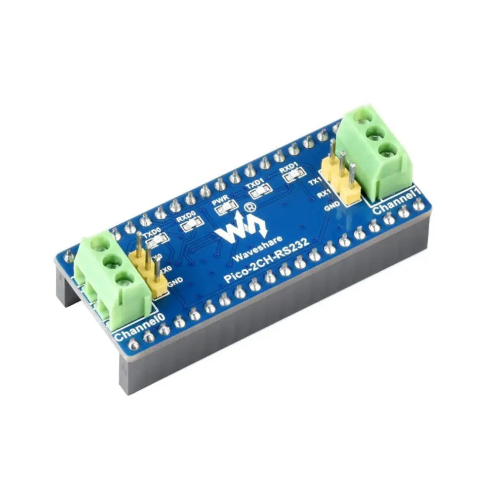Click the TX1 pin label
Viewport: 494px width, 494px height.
[314, 182]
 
